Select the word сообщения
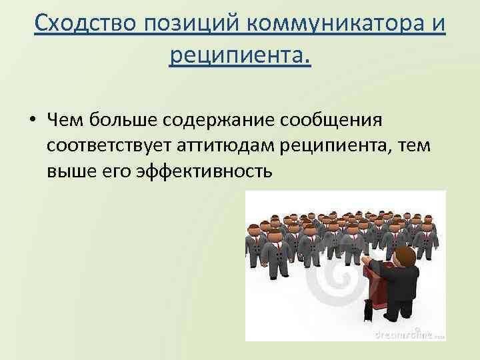pyautogui.click(x=347, y=121)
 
